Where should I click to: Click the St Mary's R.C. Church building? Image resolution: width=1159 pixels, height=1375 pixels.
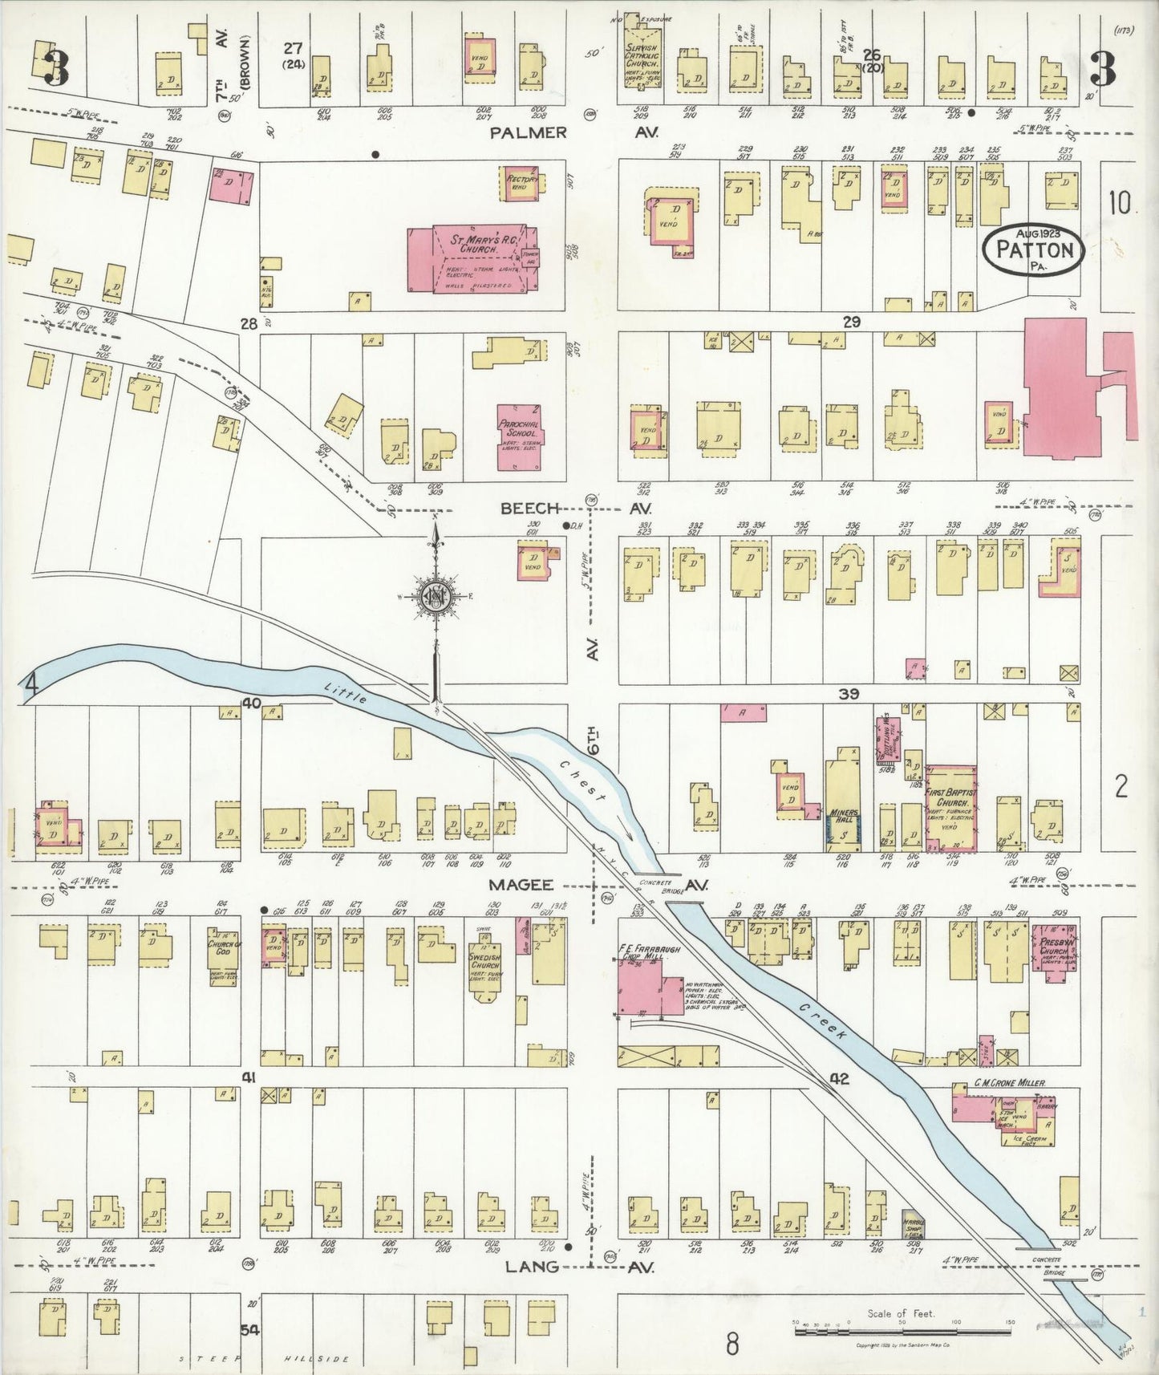tap(473, 258)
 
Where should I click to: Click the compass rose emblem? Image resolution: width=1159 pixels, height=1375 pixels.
tap(434, 596)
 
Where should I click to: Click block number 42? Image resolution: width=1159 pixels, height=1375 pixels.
tap(841, 1079)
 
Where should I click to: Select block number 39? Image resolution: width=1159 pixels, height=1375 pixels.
tap(849, 695)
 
